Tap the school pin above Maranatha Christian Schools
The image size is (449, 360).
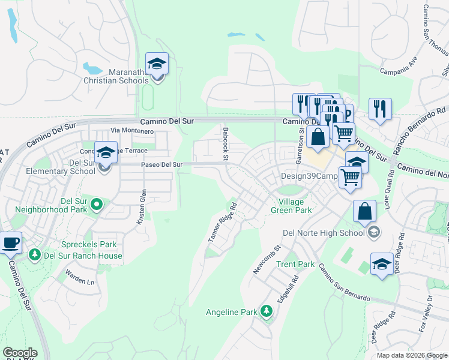coord(157,64)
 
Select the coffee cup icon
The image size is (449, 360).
coord(11,243)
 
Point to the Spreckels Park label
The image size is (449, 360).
coord(89,245)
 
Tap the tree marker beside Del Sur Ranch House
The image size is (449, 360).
coord(35,256)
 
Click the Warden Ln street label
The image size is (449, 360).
coord(80,280)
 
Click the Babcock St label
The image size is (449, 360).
coord(226,143)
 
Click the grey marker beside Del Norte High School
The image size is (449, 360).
coord(374,232)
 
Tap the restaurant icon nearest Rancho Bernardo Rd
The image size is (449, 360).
coord(380,109)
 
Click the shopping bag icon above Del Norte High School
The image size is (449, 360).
coord(364,211)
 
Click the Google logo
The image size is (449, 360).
coord(20,353)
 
